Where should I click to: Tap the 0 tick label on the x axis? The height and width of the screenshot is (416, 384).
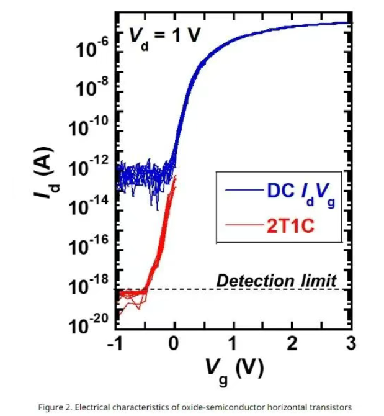point(175,344)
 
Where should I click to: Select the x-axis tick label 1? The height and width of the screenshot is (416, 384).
point(233,344)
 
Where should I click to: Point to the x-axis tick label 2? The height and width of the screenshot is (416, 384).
point(292,344)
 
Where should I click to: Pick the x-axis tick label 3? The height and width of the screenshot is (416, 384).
point(351,344)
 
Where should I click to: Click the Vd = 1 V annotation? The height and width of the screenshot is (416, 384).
point(164,36)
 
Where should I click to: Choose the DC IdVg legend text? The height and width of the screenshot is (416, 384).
point(302,192)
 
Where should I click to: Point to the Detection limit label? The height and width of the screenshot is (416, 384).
point(276,280)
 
